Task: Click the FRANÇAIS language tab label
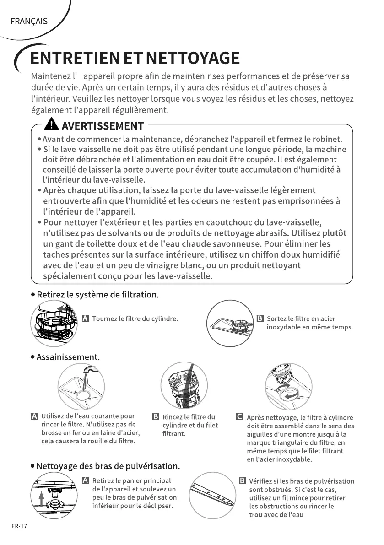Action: [28, 22]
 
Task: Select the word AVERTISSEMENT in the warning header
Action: [103, 126]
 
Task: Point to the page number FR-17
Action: [19, 526]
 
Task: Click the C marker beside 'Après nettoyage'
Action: [238, 417]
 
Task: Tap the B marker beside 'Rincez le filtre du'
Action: [155, 417]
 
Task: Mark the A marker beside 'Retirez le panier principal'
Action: [85, 480]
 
